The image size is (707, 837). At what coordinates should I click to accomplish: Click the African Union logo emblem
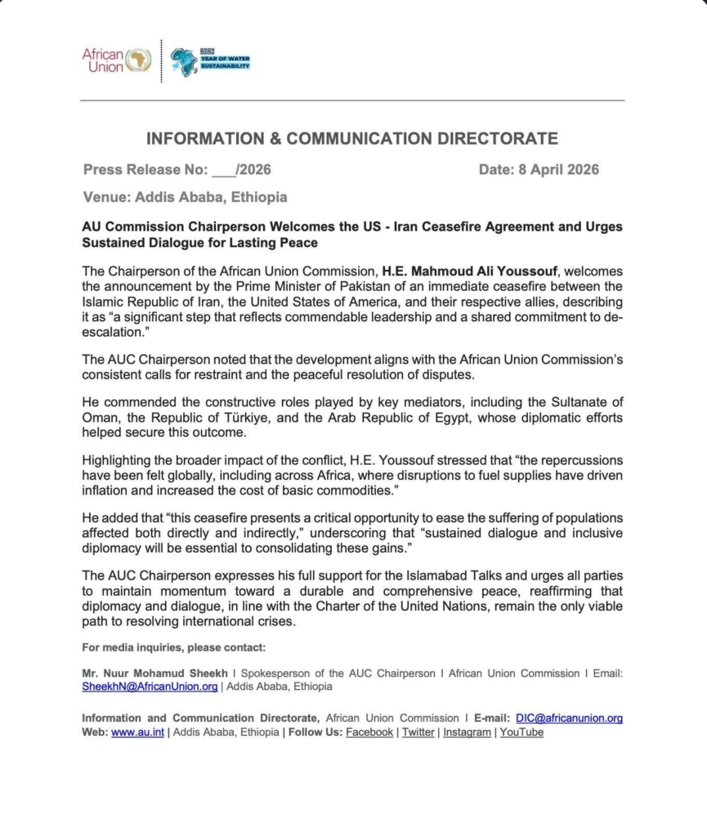(x=139, y=60)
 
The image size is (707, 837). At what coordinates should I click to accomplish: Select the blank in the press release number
(x=222, y=170)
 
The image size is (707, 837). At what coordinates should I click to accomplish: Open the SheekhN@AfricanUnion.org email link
(x=150, y=687)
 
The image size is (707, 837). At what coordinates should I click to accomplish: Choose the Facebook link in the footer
(x=369, y=732)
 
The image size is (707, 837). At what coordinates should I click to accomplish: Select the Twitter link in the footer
(x=418, y=732)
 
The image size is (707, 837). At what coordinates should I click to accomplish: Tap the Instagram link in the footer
(x=468, y=732)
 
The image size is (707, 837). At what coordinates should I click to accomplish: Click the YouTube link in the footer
(x=521, y=732)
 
